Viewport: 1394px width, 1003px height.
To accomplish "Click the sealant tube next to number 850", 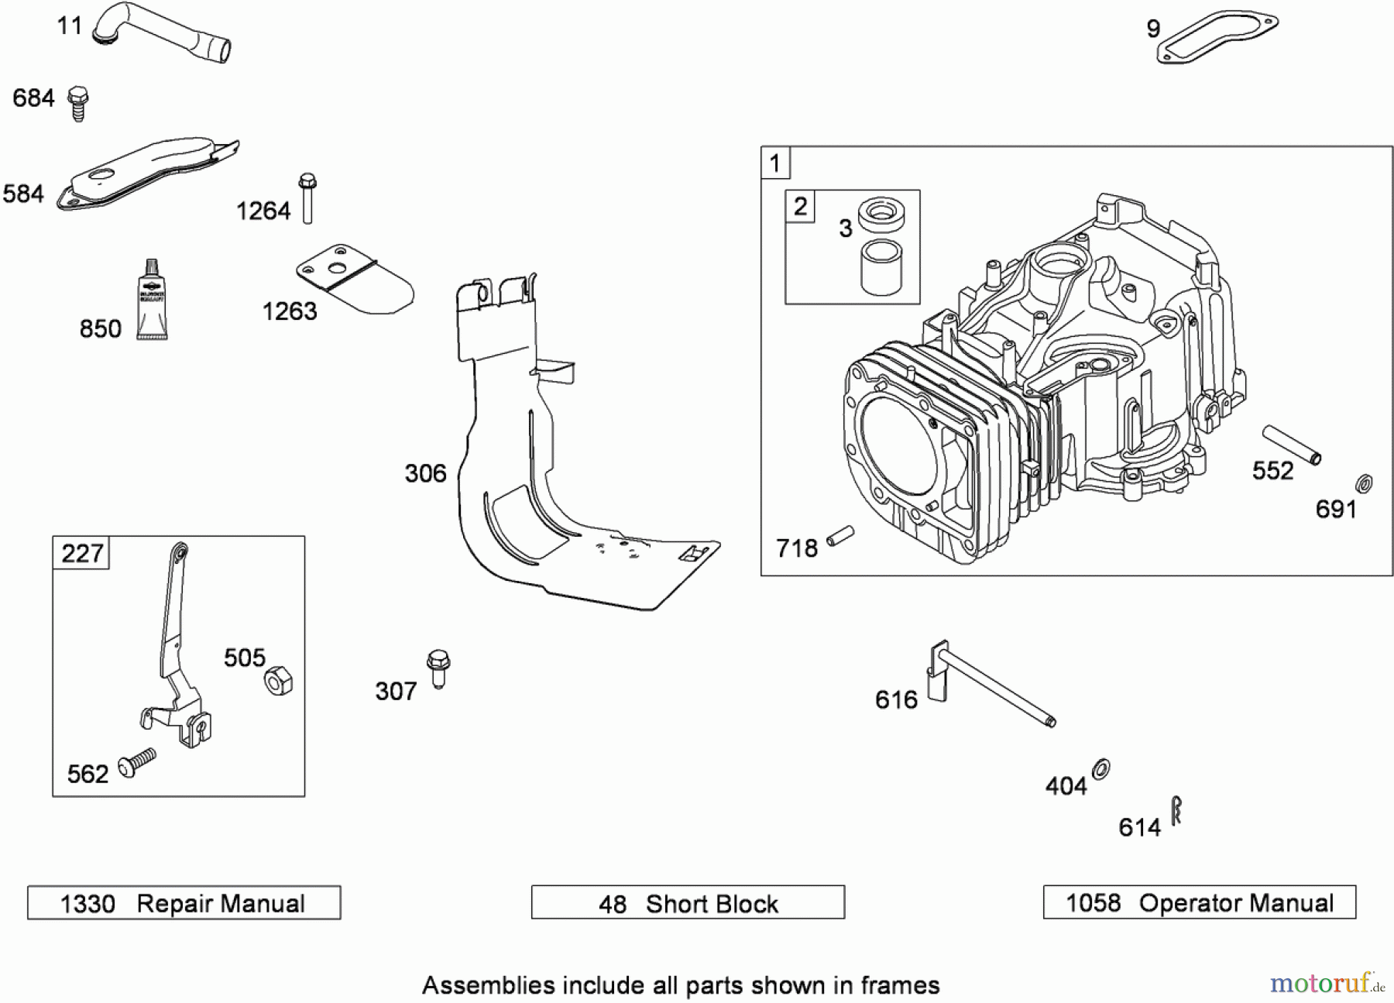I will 152,301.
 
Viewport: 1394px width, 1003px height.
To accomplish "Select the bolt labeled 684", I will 77,104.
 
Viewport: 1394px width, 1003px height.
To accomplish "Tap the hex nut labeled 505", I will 278,682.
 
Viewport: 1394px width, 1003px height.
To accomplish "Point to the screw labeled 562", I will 137,763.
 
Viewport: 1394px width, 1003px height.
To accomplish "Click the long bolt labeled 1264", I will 307,198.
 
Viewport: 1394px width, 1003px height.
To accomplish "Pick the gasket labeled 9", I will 1217,36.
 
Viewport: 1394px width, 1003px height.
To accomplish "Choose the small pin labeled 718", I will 840,535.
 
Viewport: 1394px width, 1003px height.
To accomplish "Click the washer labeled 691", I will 1364,484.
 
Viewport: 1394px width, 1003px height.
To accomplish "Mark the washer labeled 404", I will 1100,769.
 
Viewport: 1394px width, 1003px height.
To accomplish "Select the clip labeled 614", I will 1176,811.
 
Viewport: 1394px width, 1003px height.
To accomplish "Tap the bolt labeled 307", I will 438,668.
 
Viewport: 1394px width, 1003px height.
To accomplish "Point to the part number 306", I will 425,473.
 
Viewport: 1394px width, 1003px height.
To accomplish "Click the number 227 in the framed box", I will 82,553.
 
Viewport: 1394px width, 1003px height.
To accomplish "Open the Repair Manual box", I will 184,903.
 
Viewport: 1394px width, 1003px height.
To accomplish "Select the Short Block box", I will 688,903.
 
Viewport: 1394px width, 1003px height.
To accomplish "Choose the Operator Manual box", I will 1200,902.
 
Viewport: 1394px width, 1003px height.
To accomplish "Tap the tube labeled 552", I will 1292,445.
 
